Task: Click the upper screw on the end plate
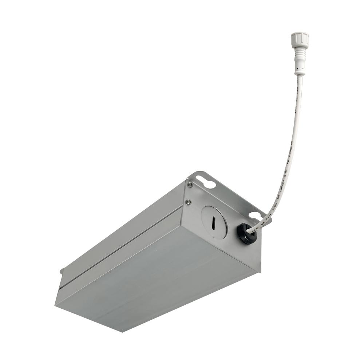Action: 190,185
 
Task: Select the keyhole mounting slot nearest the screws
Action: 207,182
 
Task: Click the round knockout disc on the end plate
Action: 214,222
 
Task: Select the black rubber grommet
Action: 246,233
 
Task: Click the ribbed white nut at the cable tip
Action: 300,40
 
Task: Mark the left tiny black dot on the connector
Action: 298,68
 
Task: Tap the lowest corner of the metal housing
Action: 122,331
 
